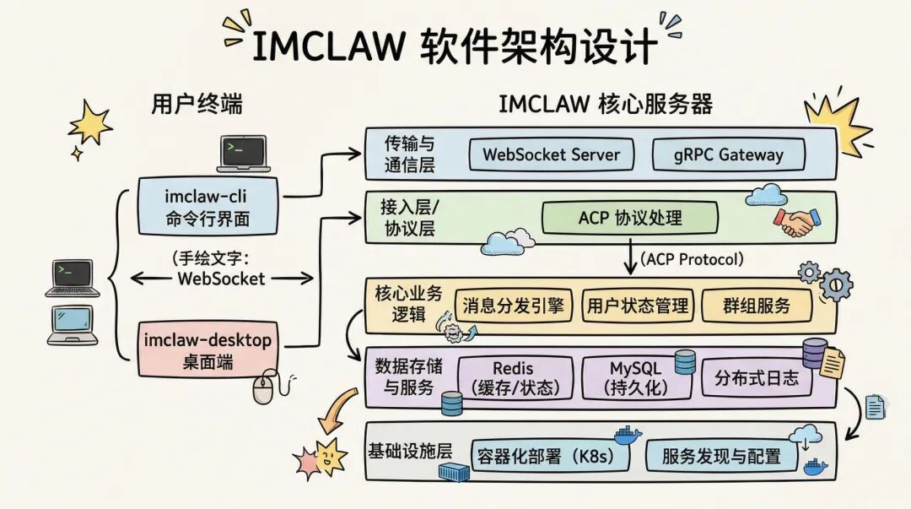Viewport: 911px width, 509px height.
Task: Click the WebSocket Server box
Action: (x=551, y=154)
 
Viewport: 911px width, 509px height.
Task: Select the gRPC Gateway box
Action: (x=729, y=154)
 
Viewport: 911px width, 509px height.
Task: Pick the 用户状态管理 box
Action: (x=637, y=305)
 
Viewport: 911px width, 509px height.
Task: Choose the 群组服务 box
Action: (x=757, y=305)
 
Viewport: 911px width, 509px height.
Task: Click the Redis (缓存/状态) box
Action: (x=512, y=377)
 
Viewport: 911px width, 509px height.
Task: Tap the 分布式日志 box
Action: (x=756, y=377)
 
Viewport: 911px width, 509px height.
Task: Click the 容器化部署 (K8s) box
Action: (x=553, y=456)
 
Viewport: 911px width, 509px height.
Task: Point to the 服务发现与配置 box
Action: (x=722, y=456)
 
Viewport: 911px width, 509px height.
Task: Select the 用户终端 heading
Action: (x=197, y=104)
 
